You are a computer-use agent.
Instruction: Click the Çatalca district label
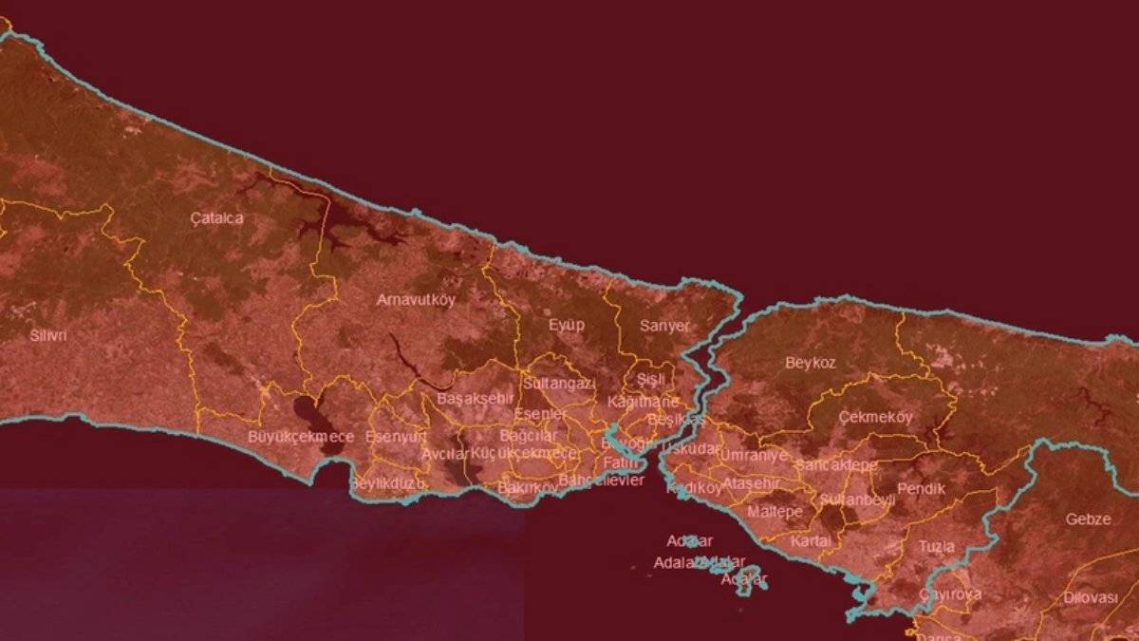pos(216,218)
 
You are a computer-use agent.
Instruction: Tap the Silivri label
pos(48,335)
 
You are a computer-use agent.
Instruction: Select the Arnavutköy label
pos(416,299)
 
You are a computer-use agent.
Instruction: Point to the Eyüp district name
pos(567,325)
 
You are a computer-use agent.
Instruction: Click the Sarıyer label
pos(664,326)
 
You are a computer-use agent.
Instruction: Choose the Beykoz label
pos(811,363)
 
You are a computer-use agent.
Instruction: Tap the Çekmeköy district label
pos(875,418)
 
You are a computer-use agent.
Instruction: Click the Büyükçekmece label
pos(301,437)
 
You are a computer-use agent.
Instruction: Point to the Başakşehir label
pos(475,399)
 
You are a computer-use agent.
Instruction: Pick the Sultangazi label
pos(559,384)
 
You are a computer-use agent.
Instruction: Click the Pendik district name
pos(921,488)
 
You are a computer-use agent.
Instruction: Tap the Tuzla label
pos(936,546)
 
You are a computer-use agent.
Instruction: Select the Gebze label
pos(1088,519)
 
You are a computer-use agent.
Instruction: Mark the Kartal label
pos(810,540)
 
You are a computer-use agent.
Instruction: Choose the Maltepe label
pos(775,512)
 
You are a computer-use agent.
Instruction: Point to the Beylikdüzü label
pos(387,483)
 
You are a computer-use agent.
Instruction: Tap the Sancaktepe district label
pos(836,465)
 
